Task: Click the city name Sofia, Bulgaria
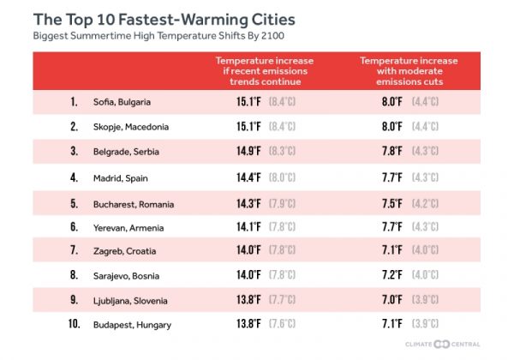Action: (122, 102)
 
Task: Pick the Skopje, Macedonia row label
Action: (130, 127)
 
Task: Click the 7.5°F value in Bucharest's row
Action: (391, 203)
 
